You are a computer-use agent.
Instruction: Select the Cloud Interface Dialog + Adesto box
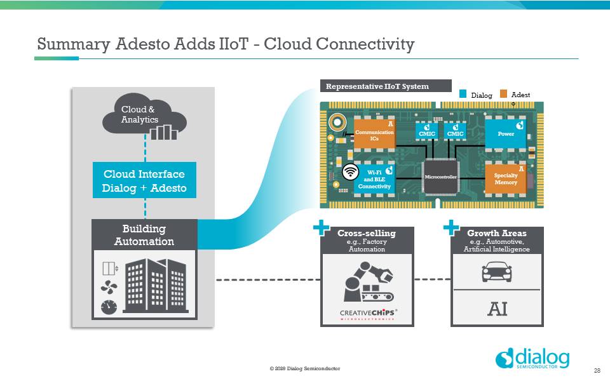tap(144, 180)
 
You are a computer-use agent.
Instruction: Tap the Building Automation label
tap(144, 235)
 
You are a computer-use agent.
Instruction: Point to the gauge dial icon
tap(109, 307)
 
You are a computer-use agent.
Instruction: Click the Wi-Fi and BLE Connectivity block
tap(374, 178)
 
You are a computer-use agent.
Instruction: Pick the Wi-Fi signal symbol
tap(349, 171)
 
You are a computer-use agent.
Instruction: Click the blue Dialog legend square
tap(464, 94)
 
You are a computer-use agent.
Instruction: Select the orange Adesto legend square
tap(503, 94)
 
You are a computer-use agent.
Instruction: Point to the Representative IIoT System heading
tap(377, 86)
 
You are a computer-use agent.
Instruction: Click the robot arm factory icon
tap(367, 283)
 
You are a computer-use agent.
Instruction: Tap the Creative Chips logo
tap(367, 314)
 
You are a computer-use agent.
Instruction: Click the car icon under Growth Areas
tap(497, 273)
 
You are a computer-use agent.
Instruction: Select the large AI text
tap(497, 309)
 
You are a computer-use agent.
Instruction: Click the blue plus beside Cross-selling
tap(322, 228)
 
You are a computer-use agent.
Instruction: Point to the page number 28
tap(597, 370)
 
